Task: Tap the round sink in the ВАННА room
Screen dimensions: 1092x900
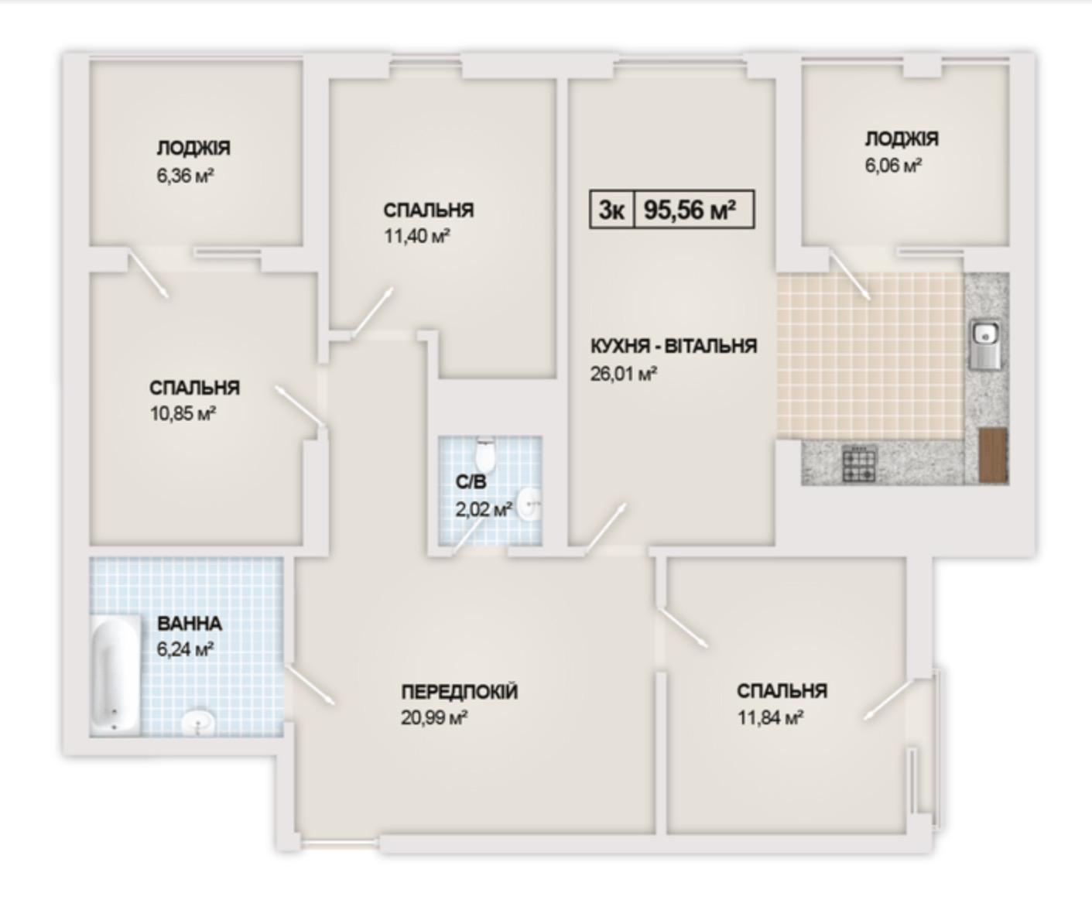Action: [x=198, y=722]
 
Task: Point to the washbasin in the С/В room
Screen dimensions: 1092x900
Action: [x=529, y=504]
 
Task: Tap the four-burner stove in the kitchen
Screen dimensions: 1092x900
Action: [x=859, y=464]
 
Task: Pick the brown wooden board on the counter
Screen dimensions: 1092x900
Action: [x=993, y=455]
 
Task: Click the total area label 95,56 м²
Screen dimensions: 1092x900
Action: [x=690, y=210]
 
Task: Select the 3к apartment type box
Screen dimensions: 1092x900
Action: [x=612, y=210]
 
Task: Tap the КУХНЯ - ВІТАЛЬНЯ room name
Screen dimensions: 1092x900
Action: [x=673, y=346]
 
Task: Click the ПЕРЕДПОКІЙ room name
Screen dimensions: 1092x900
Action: [x=459, y=691]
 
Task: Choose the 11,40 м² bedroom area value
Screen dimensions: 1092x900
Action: [x=417, y=236]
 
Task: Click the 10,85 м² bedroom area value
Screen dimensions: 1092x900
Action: [x=183, y=414]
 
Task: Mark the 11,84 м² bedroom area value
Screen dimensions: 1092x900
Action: [x=770, y=718]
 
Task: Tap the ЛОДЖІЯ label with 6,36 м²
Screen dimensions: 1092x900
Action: [x=193, y=149]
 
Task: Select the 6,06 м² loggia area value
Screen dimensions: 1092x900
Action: [x=893, y=166]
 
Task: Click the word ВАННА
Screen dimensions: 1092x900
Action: [x=190, y=624]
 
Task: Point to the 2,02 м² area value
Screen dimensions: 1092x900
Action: [x=483, y=509]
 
